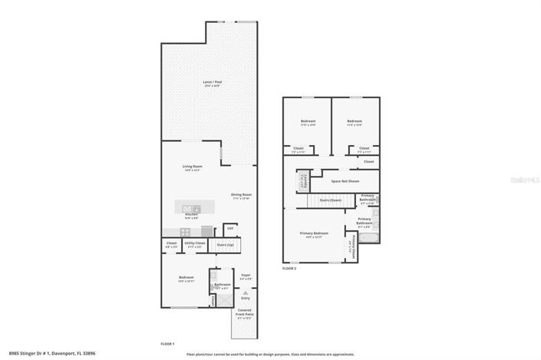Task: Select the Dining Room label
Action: click(x=242, y=196)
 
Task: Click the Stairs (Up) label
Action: click(x=226, y=245)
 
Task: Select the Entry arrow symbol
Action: click(x=245, y=293)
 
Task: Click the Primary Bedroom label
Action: click(x=314, y=234)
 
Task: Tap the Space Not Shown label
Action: click(x=345, y=181)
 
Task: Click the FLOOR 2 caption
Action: click(x=289, y=269)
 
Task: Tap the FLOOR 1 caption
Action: click(x=167, y=343)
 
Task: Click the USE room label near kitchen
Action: click(x=229, y=228)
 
